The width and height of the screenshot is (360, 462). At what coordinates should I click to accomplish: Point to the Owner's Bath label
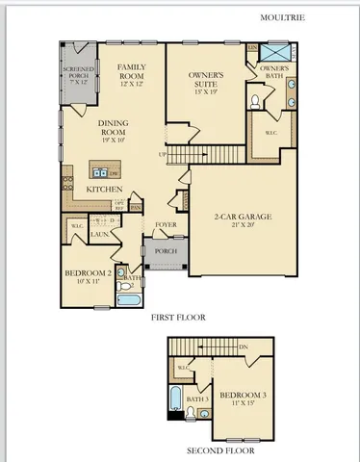pyautogui.click(x=272, y=73)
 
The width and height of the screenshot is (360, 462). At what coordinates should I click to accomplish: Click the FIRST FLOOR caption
pyautogui.click(x=179, y=316)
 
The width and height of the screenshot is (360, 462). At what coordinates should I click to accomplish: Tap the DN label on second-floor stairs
pyautogui.click(x=243, y=346)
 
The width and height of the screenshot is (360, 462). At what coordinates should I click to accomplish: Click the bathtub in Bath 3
pyautogui.click(x=174, y=399)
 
